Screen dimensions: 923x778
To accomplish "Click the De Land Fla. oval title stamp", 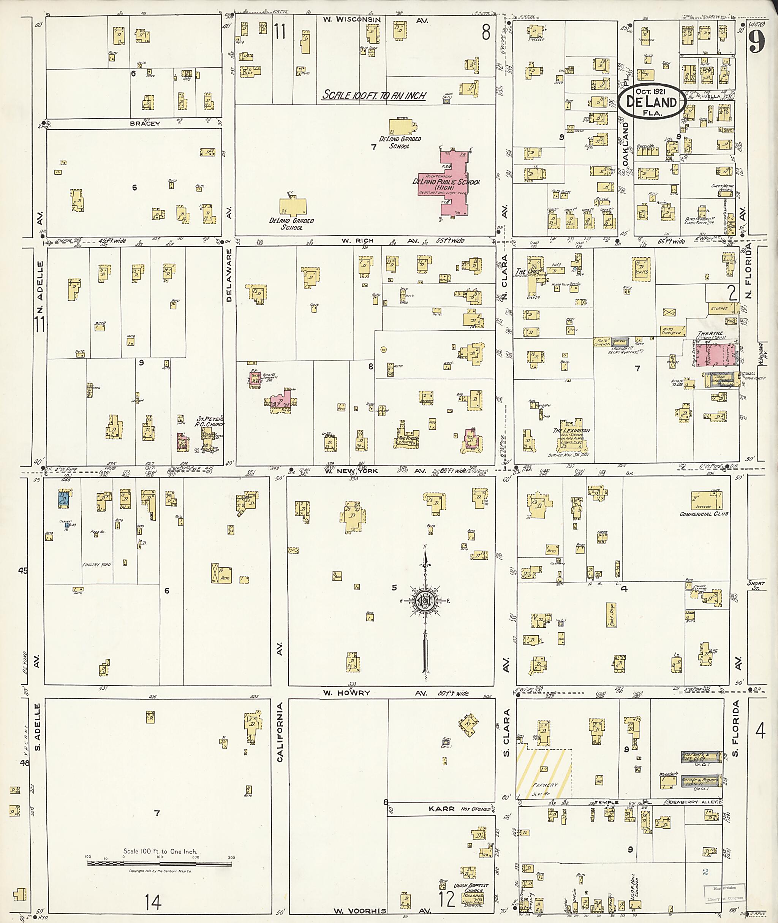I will (651, 101).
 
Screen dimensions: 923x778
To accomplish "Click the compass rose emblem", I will (425, 601).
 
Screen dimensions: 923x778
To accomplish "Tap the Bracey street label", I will (145, 123).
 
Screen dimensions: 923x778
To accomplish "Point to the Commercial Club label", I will (704, 514).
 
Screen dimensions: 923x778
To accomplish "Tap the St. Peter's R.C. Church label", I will (209, 421).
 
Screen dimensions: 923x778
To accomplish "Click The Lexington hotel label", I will (571, 430).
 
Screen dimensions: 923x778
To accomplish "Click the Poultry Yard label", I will (96, 565).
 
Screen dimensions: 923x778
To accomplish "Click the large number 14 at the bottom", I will (153, 902).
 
